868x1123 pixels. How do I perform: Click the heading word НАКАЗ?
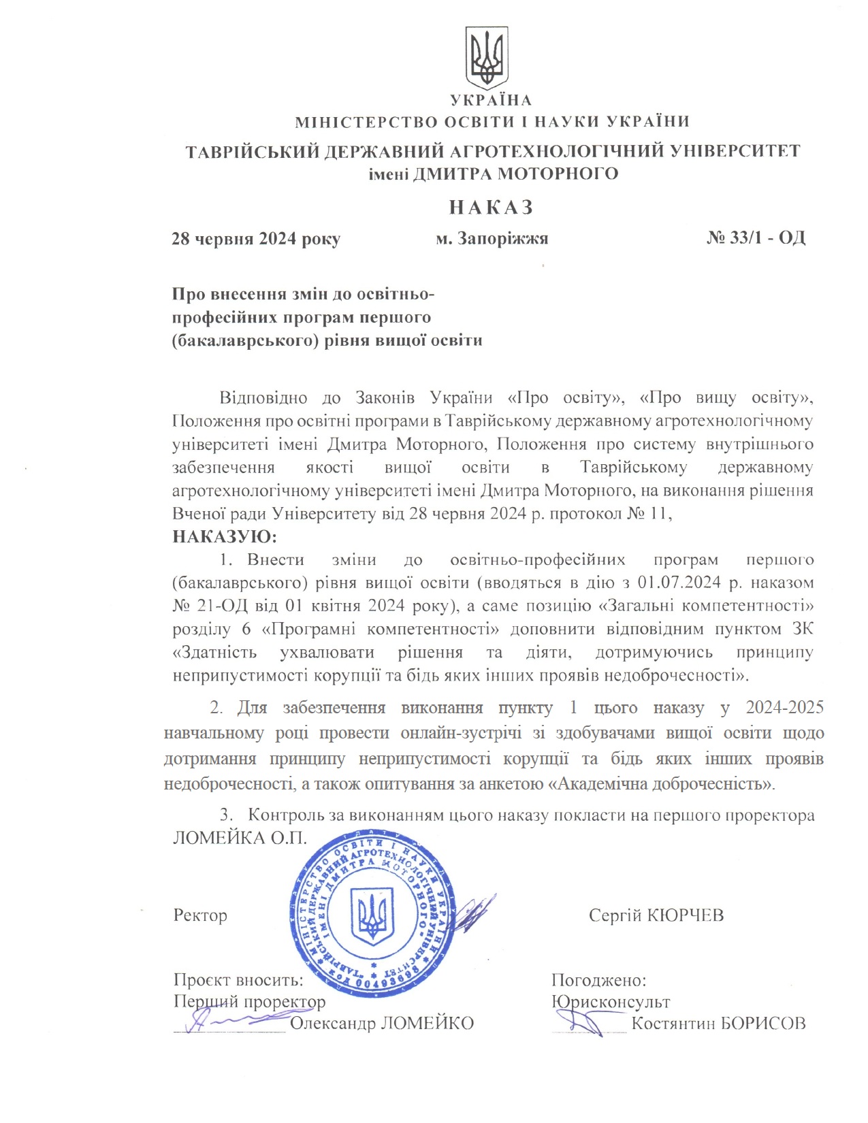pyautogui.click(x=491, y=207)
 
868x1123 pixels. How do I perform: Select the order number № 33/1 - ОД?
pyautogui.click(x=756, y=238)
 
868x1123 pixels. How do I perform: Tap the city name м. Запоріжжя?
pyautogui.click(x=492, y=239)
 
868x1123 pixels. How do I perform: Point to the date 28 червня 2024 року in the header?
pyautogui.click(x=256, y=239)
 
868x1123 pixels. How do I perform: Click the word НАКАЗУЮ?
pyautogui.click(x=225, y=536)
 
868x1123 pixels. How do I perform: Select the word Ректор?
pyautogui.click(x=200, y=915)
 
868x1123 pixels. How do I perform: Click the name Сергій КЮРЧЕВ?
pyautogui.click(x=656, y=915)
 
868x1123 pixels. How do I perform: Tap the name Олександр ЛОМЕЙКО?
pyautogui.click(x=382, y=1023)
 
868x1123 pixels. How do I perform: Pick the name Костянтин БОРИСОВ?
pyautogui.click(x=718, y=1023)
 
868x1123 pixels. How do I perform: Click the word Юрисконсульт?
pyautogui.click(x=611, y=1002)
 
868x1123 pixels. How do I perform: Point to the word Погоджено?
pyautogui.click(x=598, y=980)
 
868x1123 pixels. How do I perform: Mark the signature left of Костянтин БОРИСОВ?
pyautogui.click(x=582, y=1021)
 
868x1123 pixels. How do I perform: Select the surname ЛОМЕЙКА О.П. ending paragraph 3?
pyautogui.click(x=240, y=837)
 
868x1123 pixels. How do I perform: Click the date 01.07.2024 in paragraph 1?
pyautogui.click(x=678, y=583)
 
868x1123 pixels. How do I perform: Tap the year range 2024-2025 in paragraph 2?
pyautogui.click(x=784, y=708)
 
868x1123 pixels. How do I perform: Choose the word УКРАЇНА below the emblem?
pyautogui.click(x=490, y=101)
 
